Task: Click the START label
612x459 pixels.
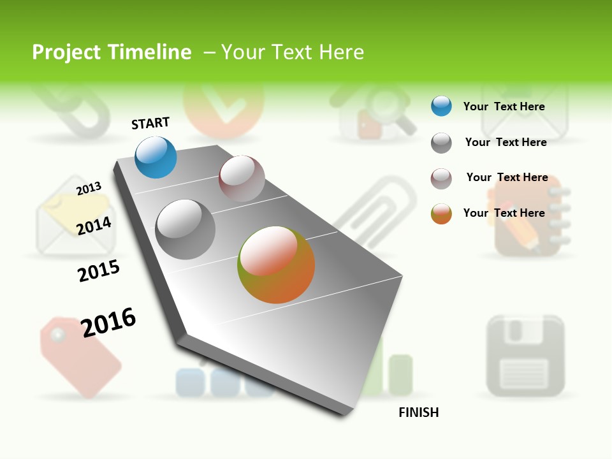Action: click(150, 123)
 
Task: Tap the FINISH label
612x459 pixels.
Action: click(418, 412)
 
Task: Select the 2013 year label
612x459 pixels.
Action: click(89, 189)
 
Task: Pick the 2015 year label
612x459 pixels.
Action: click(99, 271)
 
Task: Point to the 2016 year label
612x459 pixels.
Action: click(108, 322)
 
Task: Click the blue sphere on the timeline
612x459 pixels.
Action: click(156, 157)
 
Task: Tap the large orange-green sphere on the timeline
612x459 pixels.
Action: click(276, 265)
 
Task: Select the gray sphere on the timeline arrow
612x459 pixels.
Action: click(186, 229)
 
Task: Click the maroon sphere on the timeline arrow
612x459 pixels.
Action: click(242, 178)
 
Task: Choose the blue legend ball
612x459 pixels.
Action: click(441, 106)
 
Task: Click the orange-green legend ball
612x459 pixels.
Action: click(441, 214)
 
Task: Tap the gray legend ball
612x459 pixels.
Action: click(441, 143)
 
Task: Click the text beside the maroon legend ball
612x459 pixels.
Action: click(507, 177)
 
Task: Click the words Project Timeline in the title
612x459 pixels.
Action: click(112, 52)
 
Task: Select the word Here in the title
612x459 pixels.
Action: click(341, 52)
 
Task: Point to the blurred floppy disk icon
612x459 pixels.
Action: click(525, 355)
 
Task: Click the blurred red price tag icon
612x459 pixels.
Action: click(80, 357)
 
